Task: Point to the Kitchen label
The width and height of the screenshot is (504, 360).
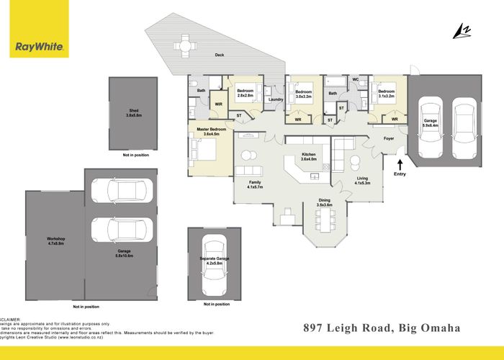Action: tap(308, 156)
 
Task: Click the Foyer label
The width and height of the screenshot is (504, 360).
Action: tap(389, 138)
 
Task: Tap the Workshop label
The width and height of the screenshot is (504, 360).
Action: tap(56, 240)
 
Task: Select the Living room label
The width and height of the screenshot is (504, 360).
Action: tap(362, 180)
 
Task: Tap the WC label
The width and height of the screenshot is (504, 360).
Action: tap(355, 80)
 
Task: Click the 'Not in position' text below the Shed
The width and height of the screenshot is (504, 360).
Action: tap(135, 155)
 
